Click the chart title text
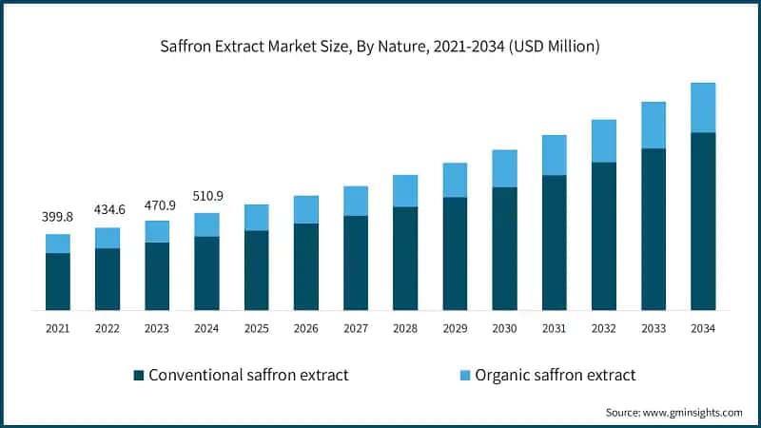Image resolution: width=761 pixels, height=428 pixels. pyautogui.click(x=380, y=46)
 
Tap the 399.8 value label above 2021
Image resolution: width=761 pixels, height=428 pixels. pyautogui.click(x=58, y=217)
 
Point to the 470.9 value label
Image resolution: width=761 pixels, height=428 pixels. pyautogui.click(x=157, y=204)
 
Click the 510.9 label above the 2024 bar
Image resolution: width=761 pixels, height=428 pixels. pyautogui.click(x=206, y=196)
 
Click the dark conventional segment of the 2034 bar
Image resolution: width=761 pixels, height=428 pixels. pyautogui.click(x=703, y=221)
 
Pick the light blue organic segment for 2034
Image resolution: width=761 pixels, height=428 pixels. pyautogui.click(x=703, y=107)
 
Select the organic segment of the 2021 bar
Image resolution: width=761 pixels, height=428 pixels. pyautogui.click(x=58, y=243)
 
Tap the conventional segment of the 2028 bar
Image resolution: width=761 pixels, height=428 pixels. pyautogui.click(x=405, y=258)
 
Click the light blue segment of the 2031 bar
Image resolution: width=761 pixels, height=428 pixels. pyautogui.click(x=555, y=155)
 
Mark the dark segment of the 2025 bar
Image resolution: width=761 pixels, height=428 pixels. pyautogui.click(x=257, y=270)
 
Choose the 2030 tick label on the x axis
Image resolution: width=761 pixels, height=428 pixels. pyautogui.click(x=504, y=328)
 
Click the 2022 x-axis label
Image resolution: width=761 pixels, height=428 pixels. pyautogui.click(x=107, y=328)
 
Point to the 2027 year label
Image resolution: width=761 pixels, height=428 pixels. pyautogui.click(x=356, y=328)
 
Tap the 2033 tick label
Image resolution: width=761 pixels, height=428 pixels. pyautogui.click(x=654, y=328)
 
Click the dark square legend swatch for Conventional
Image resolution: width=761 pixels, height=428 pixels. pyautogui.click(x=140, y=375)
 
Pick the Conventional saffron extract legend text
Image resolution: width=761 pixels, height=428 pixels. pyautogui.click(x=250, y=375)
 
